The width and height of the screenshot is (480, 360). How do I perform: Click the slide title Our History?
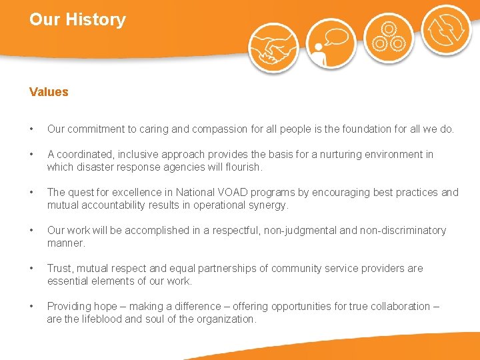click(77, 20)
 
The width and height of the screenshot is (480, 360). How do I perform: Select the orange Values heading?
click(49, 92)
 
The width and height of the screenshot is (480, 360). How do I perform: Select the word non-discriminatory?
click(403, 231)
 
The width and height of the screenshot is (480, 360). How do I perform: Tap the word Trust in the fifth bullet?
click(60, 269)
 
